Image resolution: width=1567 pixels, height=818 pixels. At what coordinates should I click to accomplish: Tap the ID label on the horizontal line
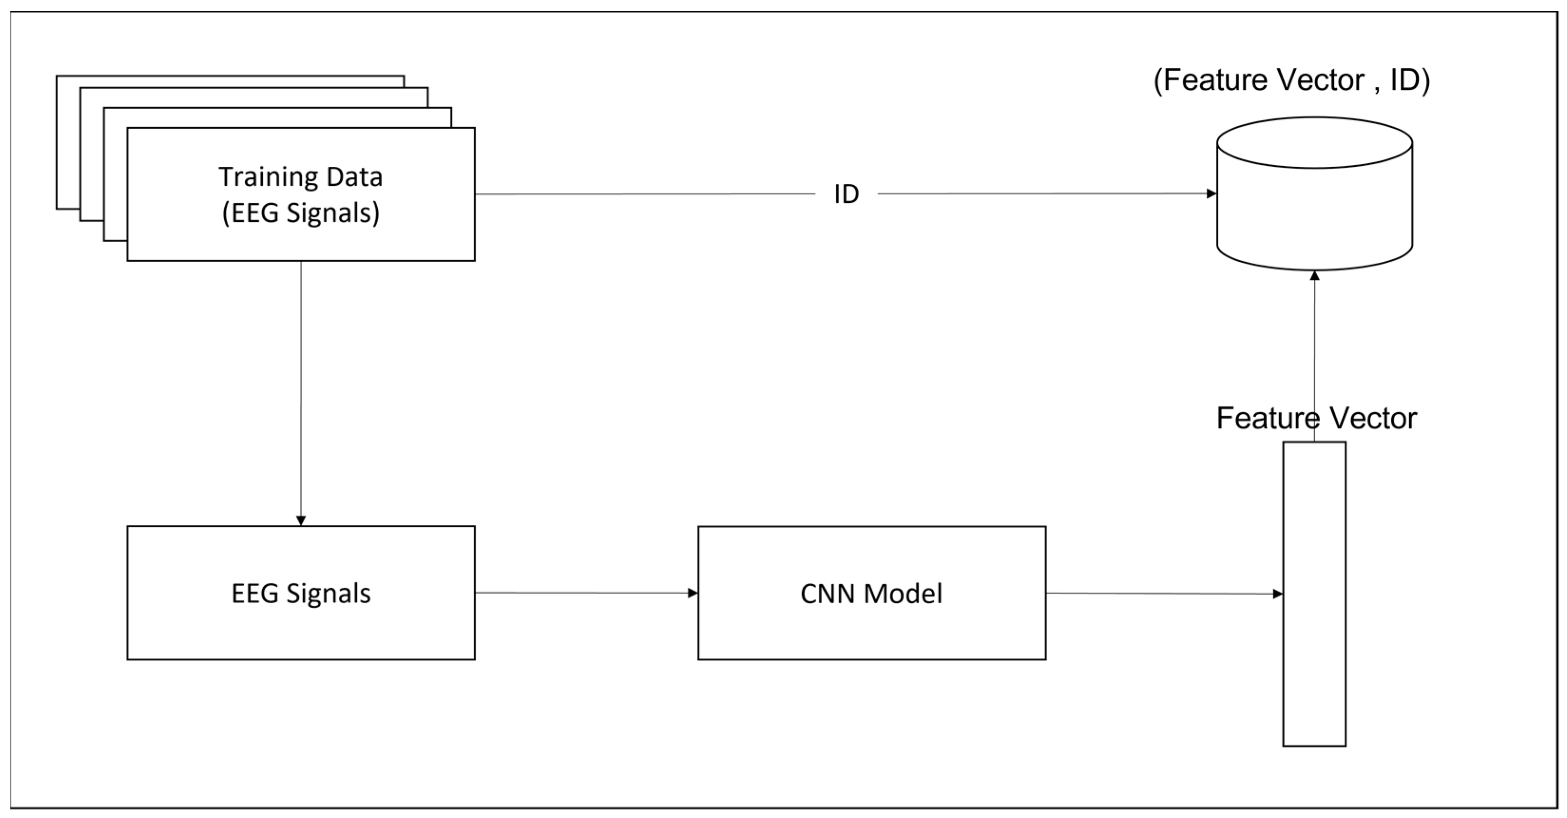click(x=846, y=194)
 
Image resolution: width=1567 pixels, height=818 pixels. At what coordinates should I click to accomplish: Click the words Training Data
click(x=300, y=177)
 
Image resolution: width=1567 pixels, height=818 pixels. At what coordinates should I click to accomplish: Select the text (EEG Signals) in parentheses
click(x=300, y=213)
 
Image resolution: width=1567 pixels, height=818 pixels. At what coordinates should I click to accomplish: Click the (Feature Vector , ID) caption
click(x=1291, y=80)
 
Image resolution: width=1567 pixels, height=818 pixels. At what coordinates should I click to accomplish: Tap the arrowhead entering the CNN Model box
click(x=692, y=593)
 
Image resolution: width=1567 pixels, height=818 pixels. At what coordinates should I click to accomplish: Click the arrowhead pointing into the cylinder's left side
click(x=1211, y=193)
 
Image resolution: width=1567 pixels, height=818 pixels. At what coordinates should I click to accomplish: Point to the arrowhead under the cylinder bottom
click(x=1315, y=276)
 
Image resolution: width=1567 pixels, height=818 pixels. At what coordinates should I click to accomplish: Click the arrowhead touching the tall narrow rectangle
click(x=1278, y=594)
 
